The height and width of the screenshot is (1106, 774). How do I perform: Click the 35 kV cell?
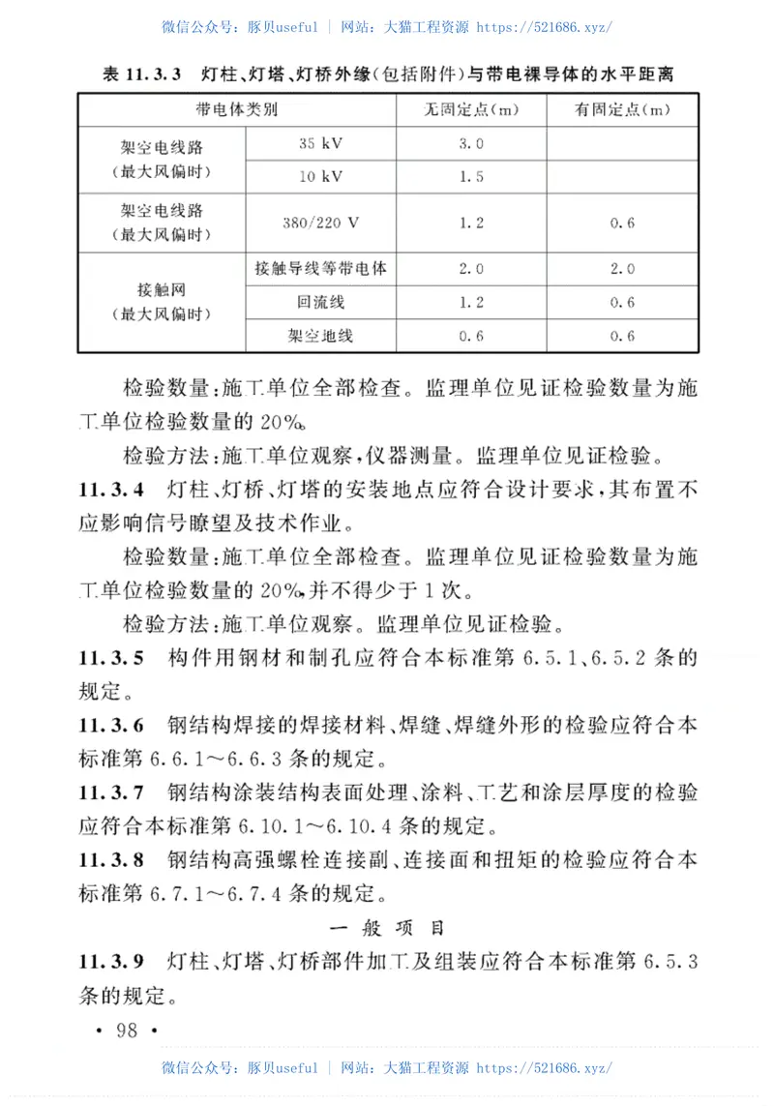tap(321, 143)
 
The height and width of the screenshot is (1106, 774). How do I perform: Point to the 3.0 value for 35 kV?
tap(471, 143)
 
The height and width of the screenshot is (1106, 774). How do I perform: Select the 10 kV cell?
tap(321, 177)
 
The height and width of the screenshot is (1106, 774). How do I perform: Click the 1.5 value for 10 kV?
tap(471, 177)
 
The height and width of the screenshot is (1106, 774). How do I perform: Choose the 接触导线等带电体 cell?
tap(321, 269)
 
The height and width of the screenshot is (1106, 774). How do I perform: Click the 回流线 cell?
tap(321, 303)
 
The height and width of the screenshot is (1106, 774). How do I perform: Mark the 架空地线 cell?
tap(321, 336)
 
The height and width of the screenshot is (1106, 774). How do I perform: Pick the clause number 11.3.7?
tap(112, 793)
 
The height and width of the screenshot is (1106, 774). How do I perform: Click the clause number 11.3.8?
tap(112, 860)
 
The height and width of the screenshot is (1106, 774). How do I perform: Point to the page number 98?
tap(127, 1030)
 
